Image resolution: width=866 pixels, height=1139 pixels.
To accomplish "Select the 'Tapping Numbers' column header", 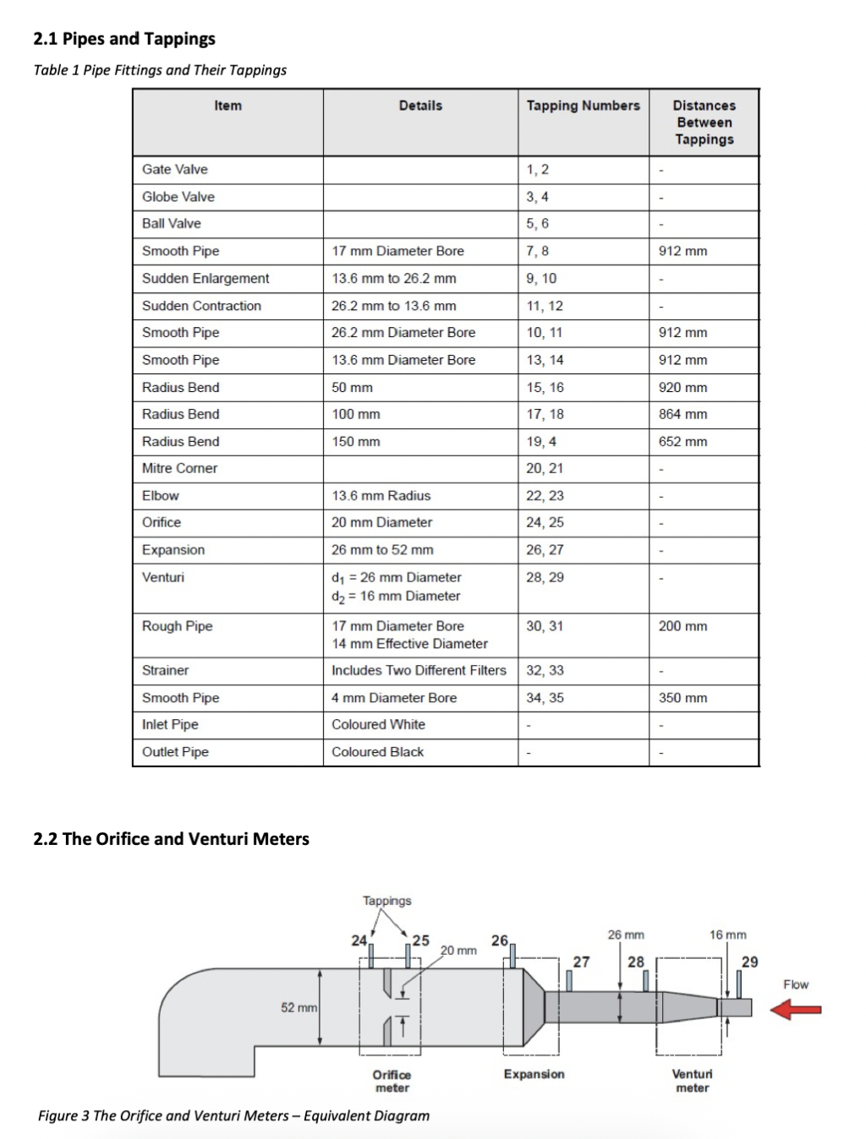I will click(583, 106).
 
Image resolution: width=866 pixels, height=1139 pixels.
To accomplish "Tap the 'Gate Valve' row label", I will click(175, 169).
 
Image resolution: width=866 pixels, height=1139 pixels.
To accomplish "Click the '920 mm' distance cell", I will click(682, 387).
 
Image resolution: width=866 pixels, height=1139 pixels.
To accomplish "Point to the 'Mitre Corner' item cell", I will click(180, 468).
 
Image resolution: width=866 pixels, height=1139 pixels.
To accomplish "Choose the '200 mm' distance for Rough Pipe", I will click(682, 626).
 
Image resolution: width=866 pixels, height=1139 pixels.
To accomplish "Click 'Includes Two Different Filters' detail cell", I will click(419, 670).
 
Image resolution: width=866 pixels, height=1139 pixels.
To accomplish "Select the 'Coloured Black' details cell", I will click(377, 752).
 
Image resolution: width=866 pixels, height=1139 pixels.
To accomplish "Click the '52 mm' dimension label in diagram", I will click(299, 1007).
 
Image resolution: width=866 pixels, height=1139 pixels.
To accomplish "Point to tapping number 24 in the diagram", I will click(359, 940).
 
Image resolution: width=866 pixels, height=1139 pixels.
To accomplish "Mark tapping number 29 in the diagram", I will click(749, 962).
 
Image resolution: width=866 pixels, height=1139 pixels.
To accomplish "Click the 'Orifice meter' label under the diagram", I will click(392, 1081).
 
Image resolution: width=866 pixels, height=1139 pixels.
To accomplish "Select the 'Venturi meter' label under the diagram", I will click(692, 1081).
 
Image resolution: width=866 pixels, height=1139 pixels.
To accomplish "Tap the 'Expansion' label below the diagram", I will click(534, 1074).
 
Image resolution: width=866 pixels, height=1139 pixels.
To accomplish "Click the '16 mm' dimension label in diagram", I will click(728, 935).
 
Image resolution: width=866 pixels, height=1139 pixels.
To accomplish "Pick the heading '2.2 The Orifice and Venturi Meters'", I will click(172, 839).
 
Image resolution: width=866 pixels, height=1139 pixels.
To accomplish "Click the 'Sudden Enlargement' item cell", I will click(206, 278).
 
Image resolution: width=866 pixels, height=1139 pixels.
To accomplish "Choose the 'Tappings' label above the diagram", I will click(387, 901).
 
